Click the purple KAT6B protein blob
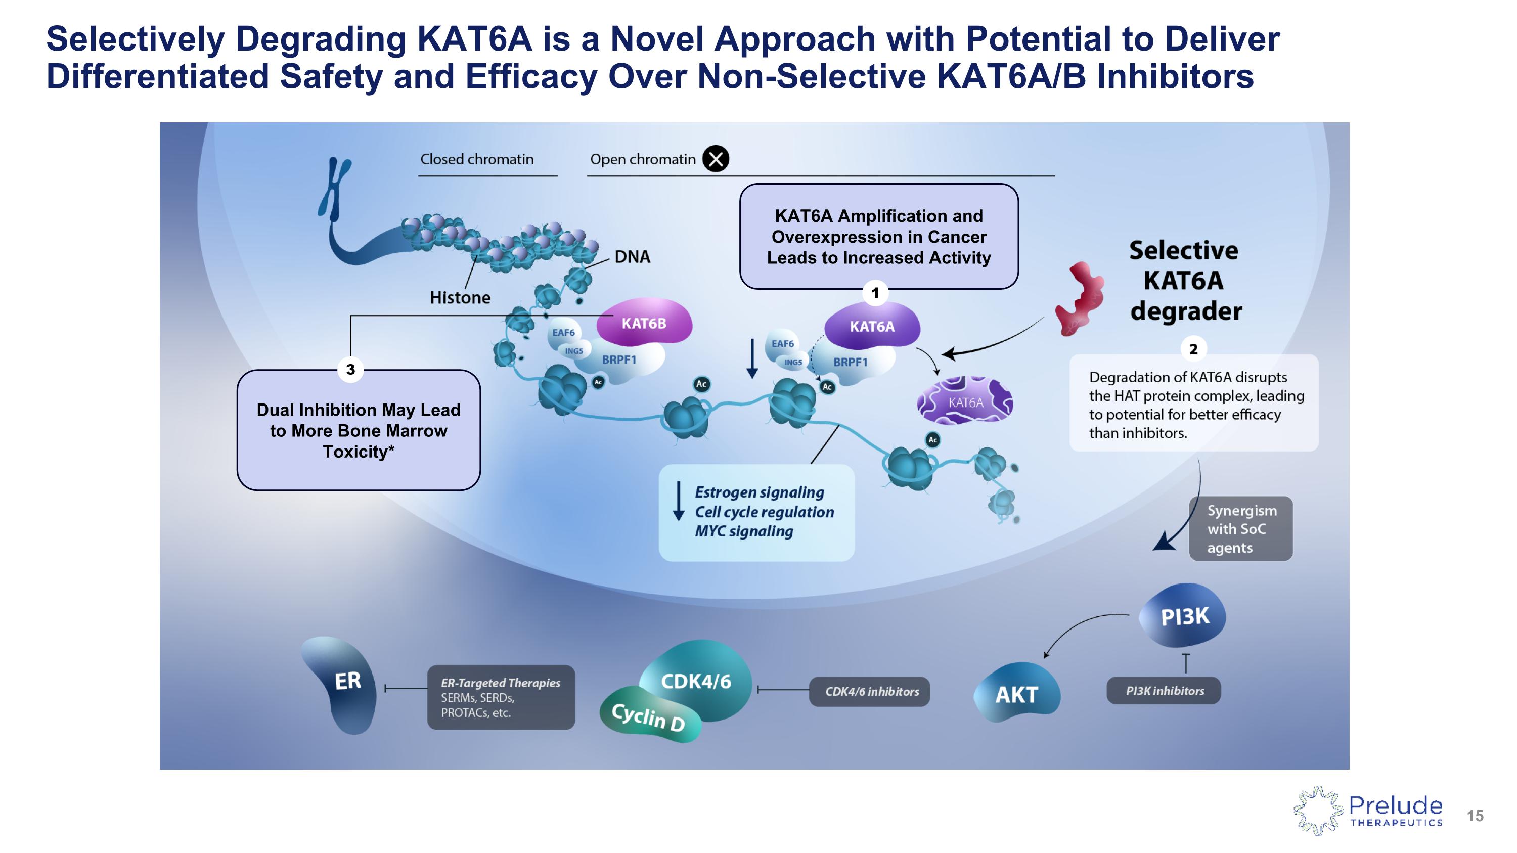pos(644,323)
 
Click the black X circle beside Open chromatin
pos(716,159)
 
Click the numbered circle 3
pos(350,370)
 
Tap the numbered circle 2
pos(1193,349)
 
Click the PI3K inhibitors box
pos(1164,691)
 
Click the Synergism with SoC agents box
pos(1241,528)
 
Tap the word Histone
pos(460,298)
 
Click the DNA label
pos(632,257)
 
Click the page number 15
pos(1475,816)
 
